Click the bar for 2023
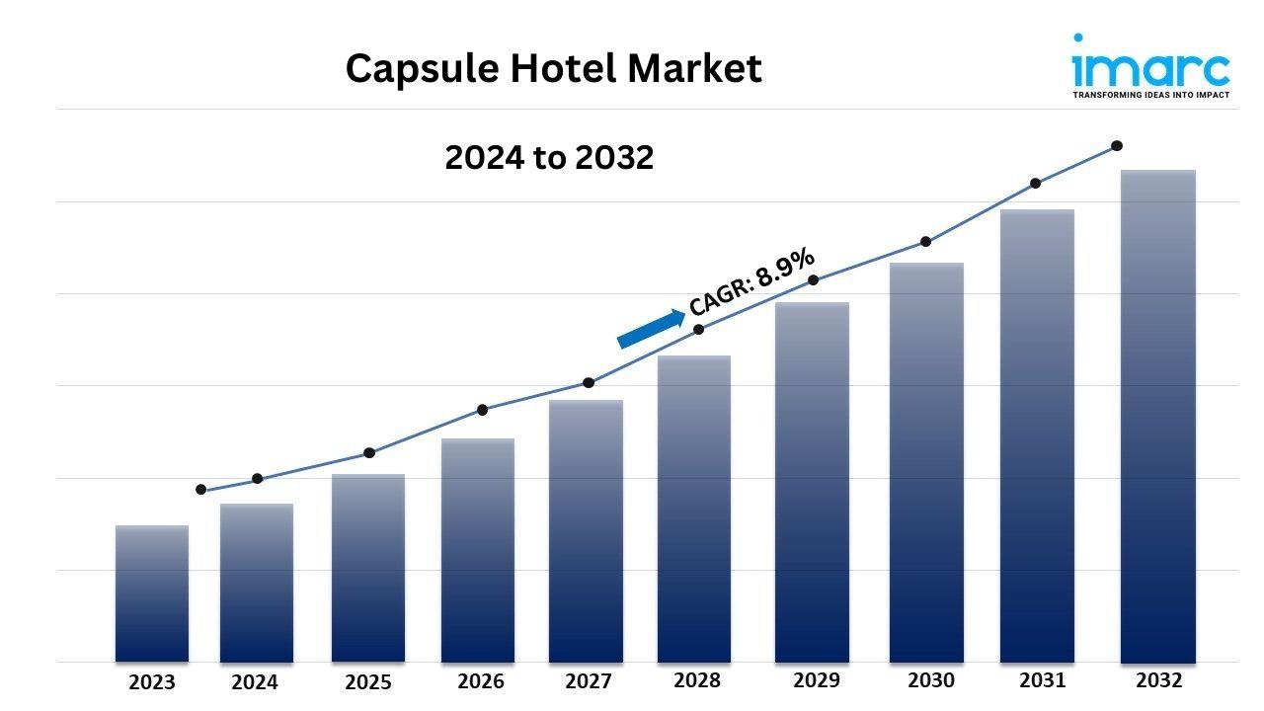(151, 593)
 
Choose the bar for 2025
(367, 568)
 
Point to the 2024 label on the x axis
(255, 682)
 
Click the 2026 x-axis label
(481, 681)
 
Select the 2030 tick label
(931, 680)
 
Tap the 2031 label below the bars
(1043, 680)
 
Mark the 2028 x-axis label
(697, 680)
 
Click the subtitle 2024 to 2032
(549, 157)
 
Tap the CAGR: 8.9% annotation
(752, 283)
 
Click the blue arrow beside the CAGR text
(651, 329)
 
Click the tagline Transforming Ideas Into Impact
(1150, 96)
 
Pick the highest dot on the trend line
(1117, 145)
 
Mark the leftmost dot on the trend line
(201, 490)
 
